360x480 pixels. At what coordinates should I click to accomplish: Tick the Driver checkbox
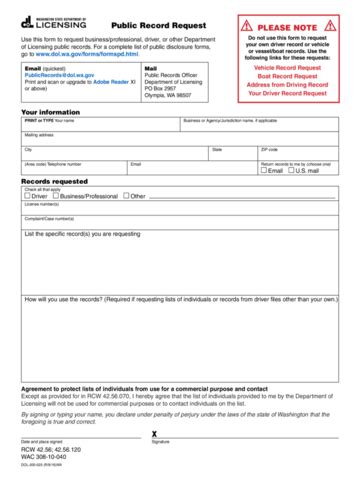point(28,196)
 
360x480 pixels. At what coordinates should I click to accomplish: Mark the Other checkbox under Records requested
point(125,196)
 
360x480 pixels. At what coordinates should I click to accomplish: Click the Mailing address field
point(180,141)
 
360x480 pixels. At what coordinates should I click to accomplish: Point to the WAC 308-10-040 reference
point(49,458)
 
